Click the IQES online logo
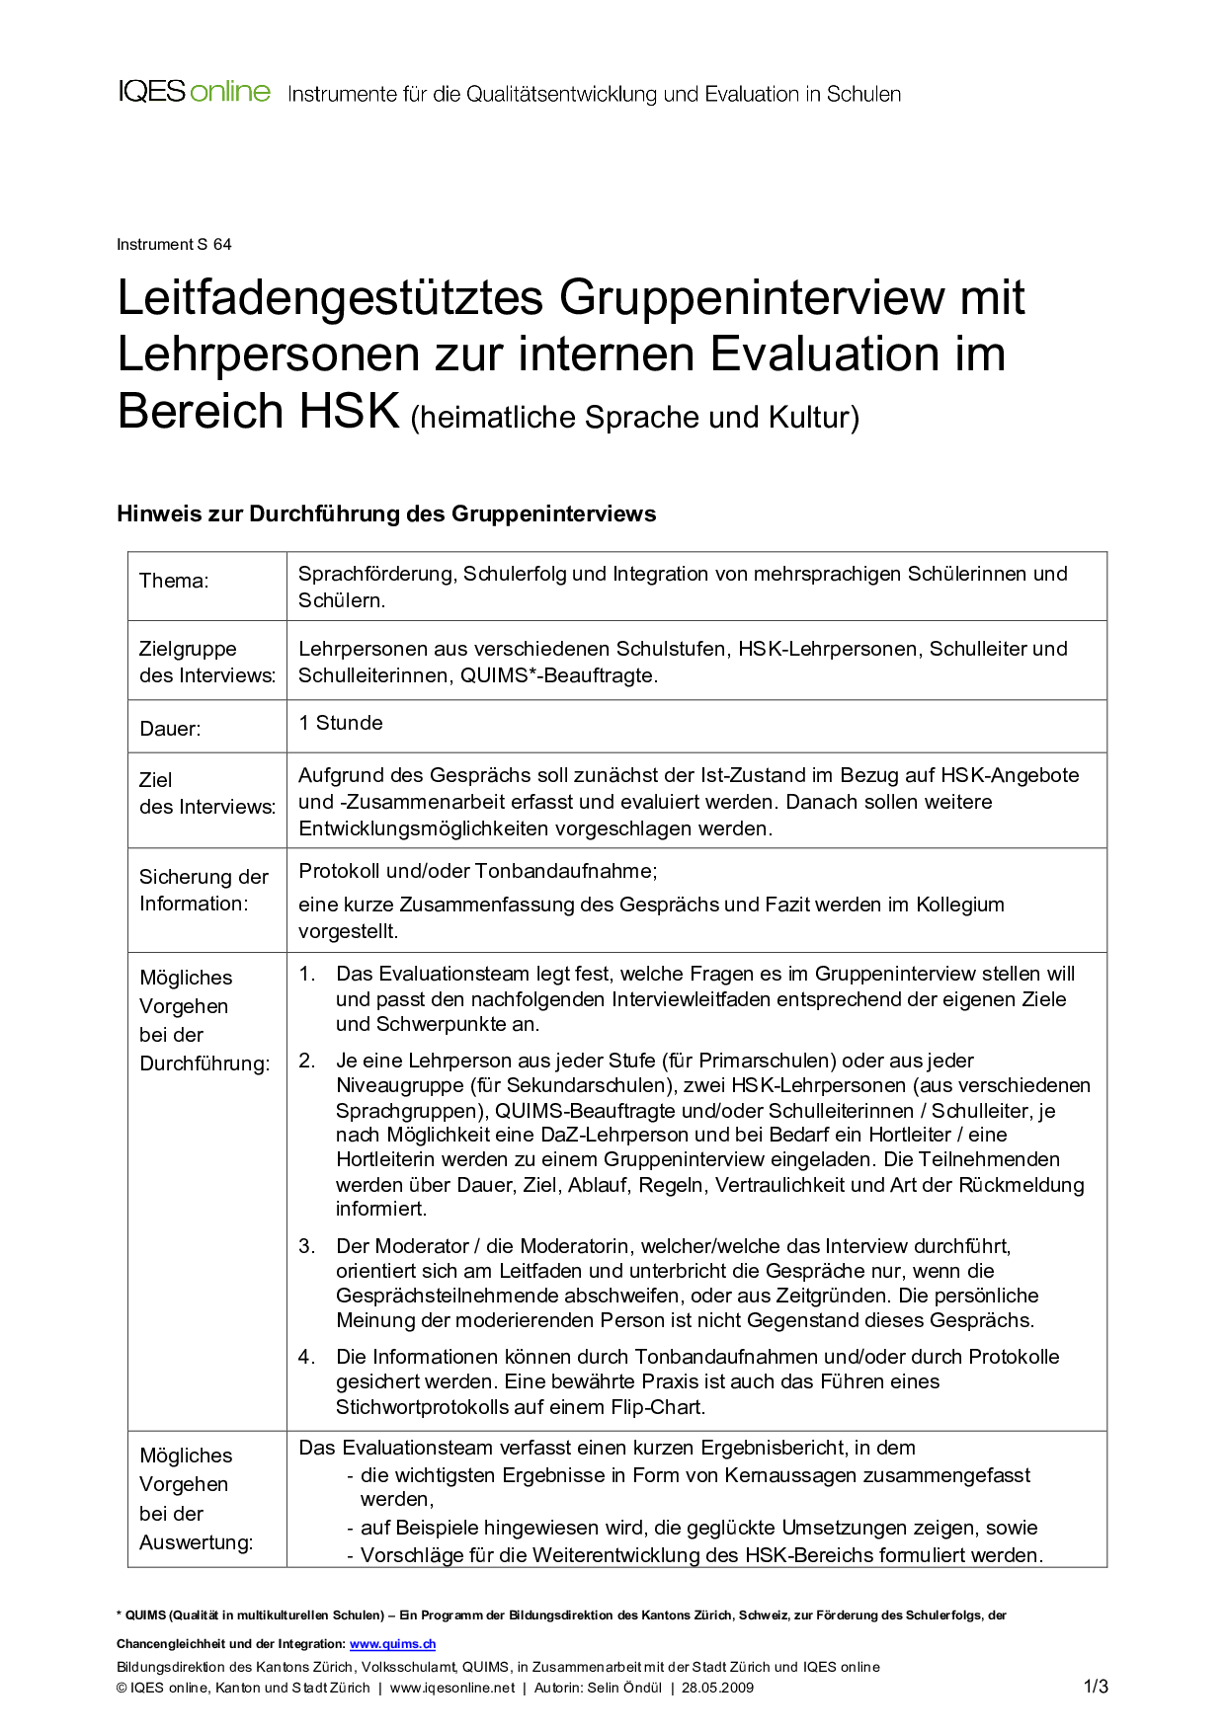click(194, 93)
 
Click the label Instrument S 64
click(174, 244)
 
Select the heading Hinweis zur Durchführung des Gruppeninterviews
click(386, 513)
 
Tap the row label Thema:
click(174, 581)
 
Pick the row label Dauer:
click(170, 729)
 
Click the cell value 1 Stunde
click(341, 723)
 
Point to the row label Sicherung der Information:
click(204, 890)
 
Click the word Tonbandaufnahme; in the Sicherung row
click(566, 871)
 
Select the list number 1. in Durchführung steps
click(307, 974)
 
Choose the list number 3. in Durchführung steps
click(307, 1246)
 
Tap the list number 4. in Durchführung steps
click(307, 1357)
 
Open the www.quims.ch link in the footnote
click(392, 1644)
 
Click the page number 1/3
click(1096, 1687)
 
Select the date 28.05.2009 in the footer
click(717, 1688)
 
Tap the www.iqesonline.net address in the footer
click(452, 1688)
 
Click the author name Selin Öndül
click(624, 1688)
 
